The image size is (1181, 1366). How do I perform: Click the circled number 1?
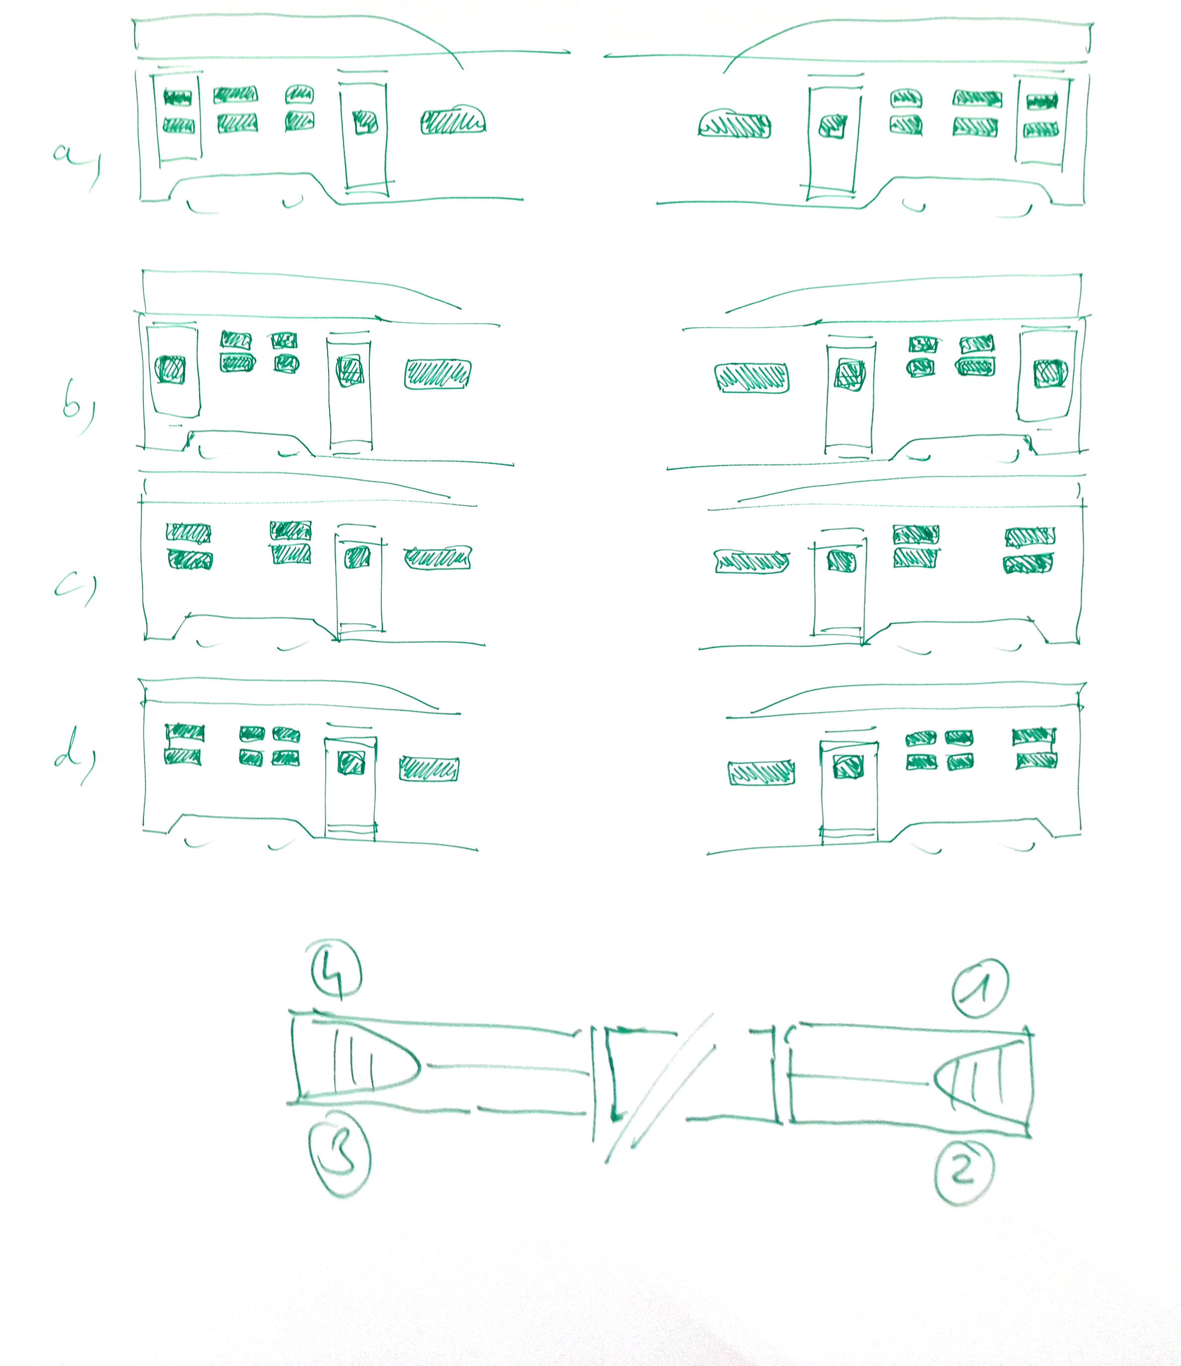980,988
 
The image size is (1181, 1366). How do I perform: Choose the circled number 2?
964,1171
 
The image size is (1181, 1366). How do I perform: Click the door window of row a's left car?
365,122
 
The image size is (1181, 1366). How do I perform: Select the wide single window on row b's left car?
438,374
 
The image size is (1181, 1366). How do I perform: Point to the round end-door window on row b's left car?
170,369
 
